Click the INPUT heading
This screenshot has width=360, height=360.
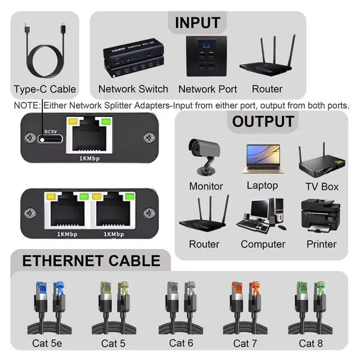tap(197, 23)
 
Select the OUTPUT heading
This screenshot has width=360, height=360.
tap(263, 121)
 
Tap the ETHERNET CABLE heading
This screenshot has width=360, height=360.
tap(91, 261)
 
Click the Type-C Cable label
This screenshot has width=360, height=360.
tap(45, 89)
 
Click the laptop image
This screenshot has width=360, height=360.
tap(262, 159)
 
